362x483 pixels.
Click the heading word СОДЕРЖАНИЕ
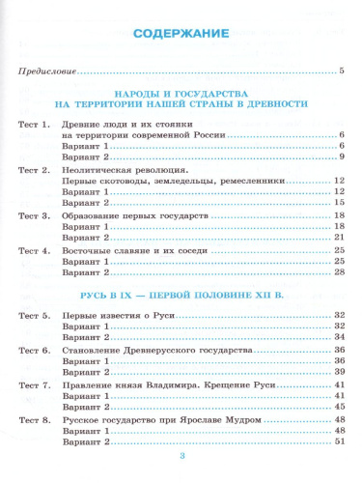click(x=181, y=35)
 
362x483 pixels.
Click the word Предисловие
click(x=43, y=72)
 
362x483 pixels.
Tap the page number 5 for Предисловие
click(x=342, y=72)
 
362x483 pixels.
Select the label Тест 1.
click(x=35, y=127)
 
